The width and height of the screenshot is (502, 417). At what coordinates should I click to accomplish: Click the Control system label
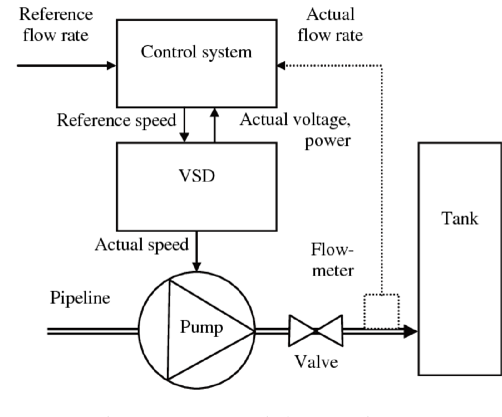196,51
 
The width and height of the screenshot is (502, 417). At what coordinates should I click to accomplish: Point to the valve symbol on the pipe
315,331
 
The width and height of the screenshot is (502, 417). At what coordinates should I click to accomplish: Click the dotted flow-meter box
382,311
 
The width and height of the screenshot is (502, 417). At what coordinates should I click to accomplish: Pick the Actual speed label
141,244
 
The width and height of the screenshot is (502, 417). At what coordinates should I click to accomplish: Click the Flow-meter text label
333,259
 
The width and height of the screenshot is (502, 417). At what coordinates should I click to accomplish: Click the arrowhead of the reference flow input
111,66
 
